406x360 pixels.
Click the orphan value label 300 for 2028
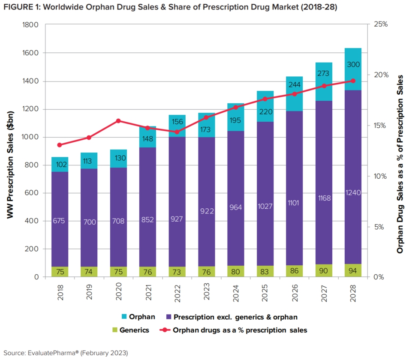353,65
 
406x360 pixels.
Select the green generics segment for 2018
60,272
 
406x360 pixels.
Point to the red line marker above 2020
118,121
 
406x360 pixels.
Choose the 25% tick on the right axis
379,25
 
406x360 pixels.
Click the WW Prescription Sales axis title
10,151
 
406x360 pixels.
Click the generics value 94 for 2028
353,271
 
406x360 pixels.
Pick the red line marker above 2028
353,81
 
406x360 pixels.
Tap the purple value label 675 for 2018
60,221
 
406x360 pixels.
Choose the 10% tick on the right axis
379,176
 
